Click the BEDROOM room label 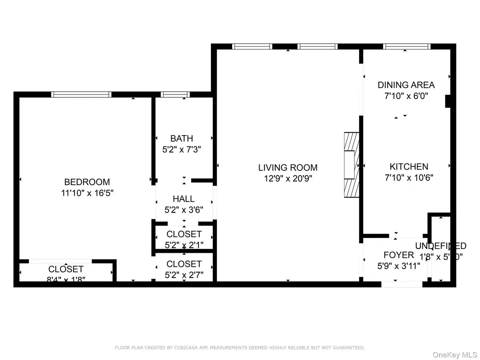(x=85, y=182)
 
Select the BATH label (x=182, y=139)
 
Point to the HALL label (x=184, y=199)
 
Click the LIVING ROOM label (x=288, y=168)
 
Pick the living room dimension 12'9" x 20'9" (x=288, y=178)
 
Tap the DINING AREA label (x=406, y=85)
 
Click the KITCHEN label (x=409, y=167)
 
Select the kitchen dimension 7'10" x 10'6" (x=409, y=177)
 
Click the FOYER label (x=398, y=255)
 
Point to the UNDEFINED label (x=440, y=246)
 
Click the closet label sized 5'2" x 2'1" (x=184, y=234)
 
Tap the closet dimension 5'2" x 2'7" (x=184, y=275)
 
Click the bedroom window (x=81, y=94)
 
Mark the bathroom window (x=175, y=94)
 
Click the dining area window (x=407, y=46)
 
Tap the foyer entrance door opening (x=401, y=284)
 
